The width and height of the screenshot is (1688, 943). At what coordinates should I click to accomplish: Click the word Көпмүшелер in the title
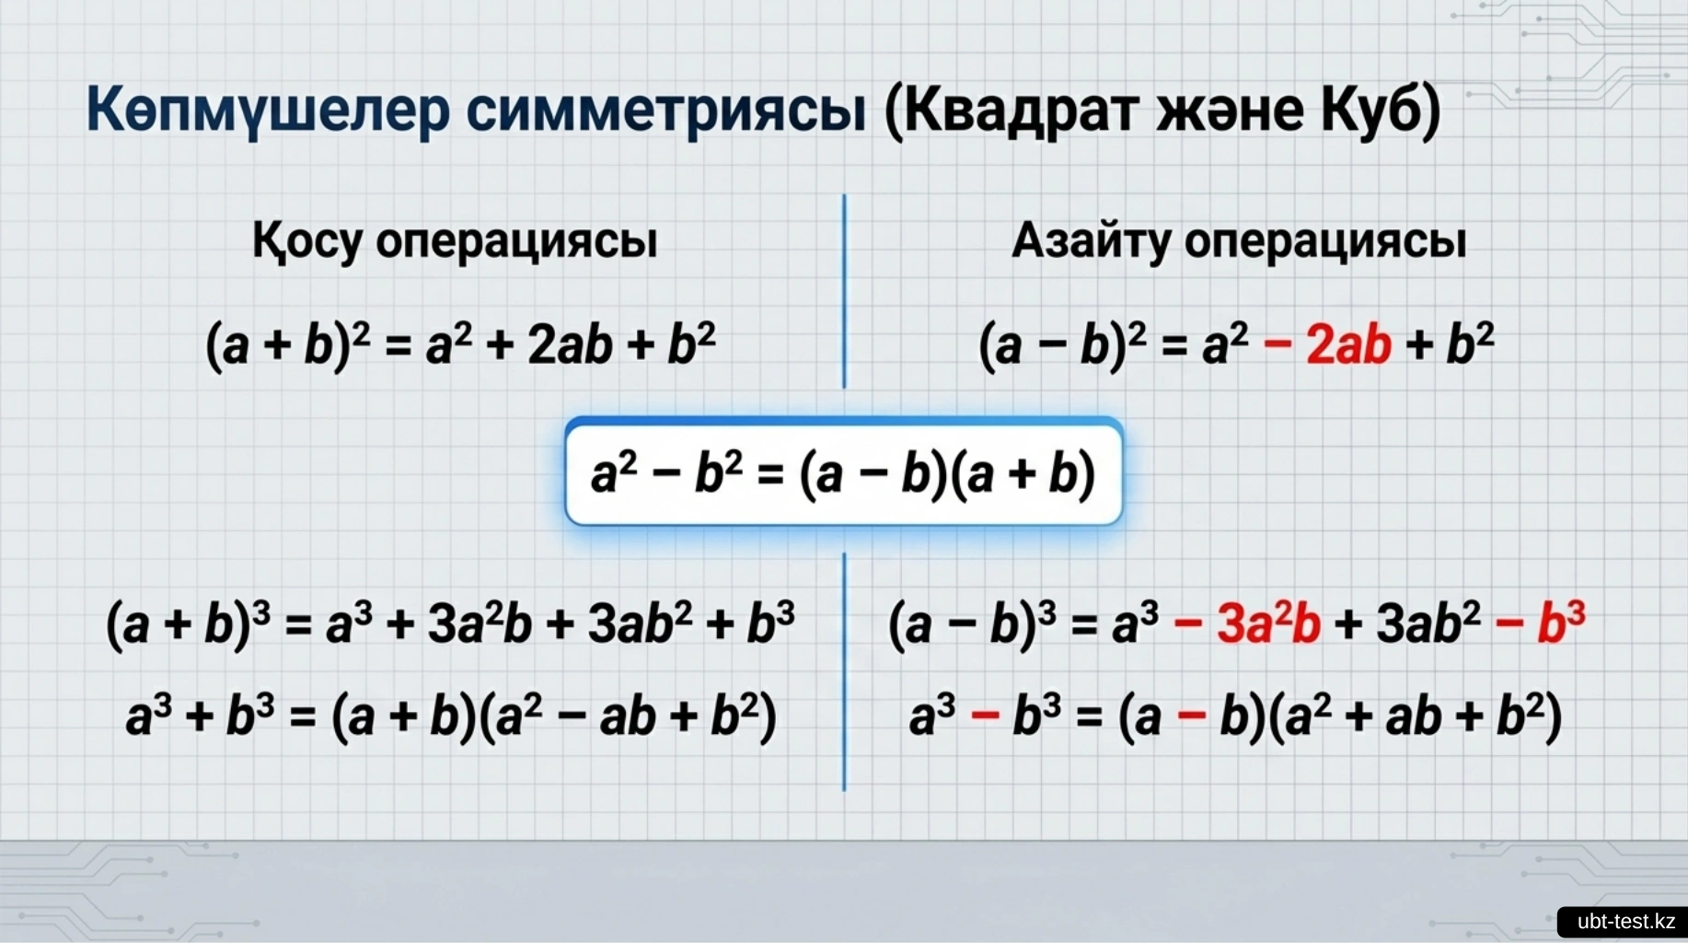click(268, 111)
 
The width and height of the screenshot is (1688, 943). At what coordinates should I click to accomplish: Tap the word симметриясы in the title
click(666, 111)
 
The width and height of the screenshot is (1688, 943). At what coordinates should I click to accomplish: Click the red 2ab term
click(1348, 345)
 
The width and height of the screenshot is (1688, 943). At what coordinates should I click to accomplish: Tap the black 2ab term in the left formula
click(570, 345)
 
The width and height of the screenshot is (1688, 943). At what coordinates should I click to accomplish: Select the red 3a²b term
click(1268, 623)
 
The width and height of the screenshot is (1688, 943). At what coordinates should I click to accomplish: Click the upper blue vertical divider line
click(844, 291)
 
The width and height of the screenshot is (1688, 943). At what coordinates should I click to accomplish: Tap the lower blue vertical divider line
click(844, 672)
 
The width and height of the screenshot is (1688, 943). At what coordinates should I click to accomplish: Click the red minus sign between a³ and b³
click(985, 716)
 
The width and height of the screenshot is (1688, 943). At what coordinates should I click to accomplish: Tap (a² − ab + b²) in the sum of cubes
click(629, 716)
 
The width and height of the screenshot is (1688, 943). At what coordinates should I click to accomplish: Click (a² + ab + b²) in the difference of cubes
click(1416, 716)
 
